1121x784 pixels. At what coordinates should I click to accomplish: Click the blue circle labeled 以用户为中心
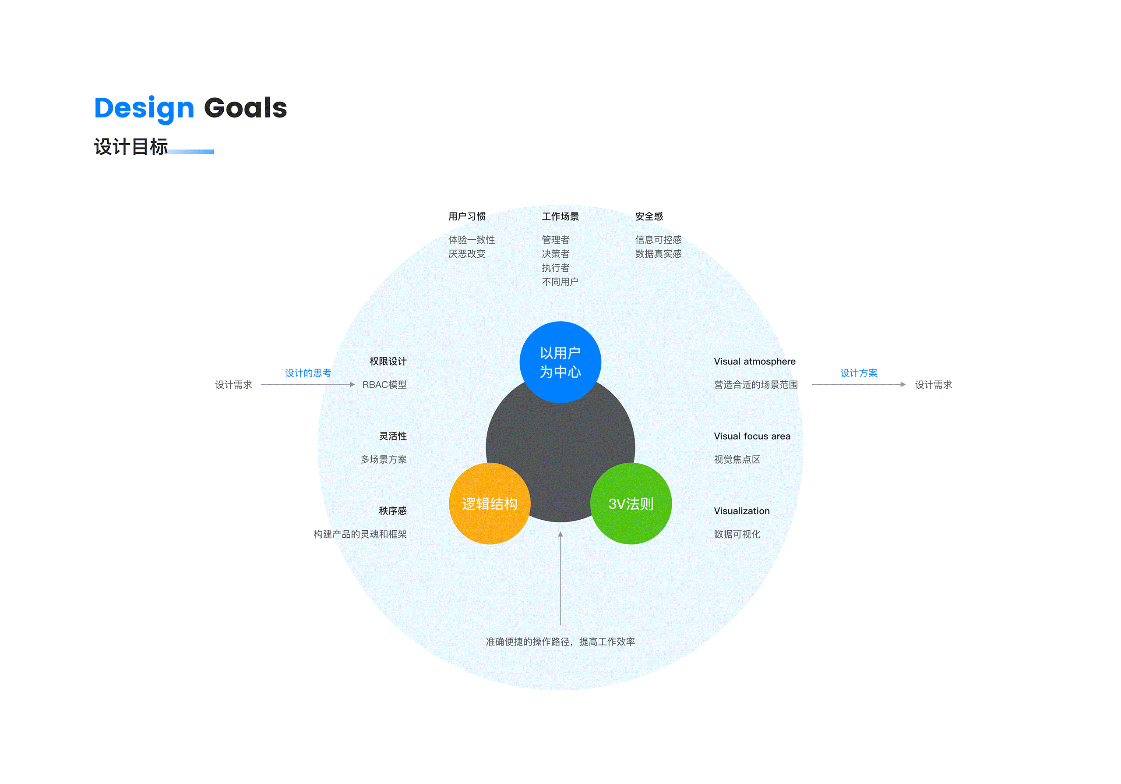coord(560,362)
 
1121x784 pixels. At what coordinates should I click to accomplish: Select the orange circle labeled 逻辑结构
coord(489,504)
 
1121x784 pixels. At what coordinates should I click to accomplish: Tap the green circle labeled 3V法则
coord(631,504)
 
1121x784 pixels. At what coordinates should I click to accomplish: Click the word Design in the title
coord(144,108)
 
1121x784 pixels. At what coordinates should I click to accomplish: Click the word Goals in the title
coord(245,107)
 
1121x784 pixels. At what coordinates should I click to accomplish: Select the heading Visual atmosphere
coord(754,362)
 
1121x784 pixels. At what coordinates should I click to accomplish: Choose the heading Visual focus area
coord(752,436)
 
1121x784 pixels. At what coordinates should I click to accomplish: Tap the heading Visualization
coord(742,511)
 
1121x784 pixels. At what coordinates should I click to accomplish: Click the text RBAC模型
coord(384,384)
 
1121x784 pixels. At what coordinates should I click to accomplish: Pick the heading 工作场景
coord(560,216)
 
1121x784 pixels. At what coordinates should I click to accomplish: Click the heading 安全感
coord(649,216)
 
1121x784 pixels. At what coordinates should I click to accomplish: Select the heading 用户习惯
coord(467,216)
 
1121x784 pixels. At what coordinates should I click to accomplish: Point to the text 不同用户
coord(560,282)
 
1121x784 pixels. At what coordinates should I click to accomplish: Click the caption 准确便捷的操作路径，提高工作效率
coord(560,642)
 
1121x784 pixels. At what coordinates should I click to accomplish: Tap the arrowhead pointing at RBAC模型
coord(353,384)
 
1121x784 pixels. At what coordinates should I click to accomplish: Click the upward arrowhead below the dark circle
coord(560,534)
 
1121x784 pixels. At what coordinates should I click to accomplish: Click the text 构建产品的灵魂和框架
coord(360,534)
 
